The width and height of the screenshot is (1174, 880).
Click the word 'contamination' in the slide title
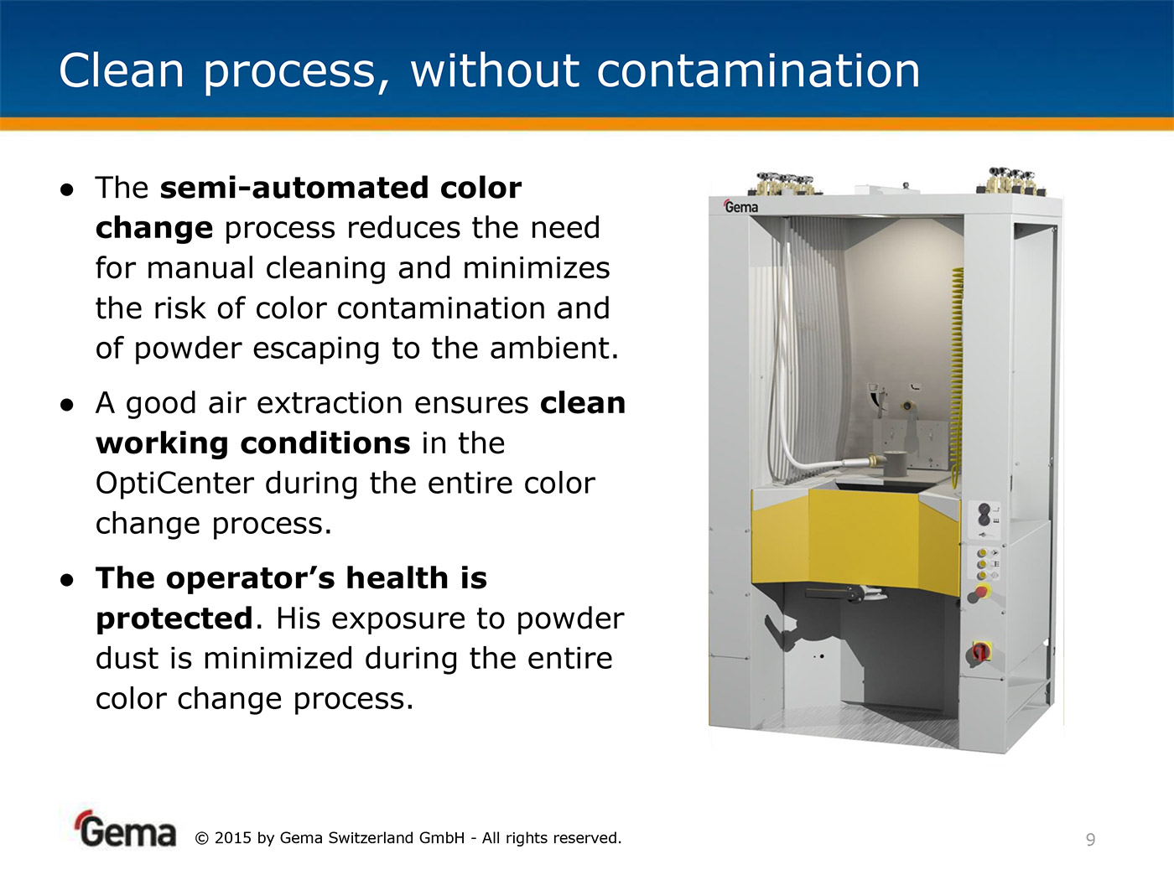[x=758, y=70]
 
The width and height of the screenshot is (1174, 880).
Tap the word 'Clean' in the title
[x=122, y=70]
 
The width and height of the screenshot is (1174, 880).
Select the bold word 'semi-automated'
[x=294, y=188]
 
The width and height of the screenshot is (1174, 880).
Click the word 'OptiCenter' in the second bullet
[x=174, y=484]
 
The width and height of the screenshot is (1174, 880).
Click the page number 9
[x=1091, y=840]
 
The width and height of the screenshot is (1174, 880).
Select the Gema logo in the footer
[x=126, y=830]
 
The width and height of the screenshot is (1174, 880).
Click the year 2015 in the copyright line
[x=232, y=838]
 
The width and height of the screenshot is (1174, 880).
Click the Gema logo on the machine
[x=740, y=206]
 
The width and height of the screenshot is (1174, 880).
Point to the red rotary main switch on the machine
[x=979, y=652]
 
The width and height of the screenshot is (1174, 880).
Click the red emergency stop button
[x=981, y=592]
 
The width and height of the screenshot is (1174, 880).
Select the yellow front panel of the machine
[x=857, y=541]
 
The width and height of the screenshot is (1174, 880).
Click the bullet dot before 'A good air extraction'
[x=67, y=405]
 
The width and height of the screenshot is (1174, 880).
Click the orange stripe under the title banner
[x=587, y=124]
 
